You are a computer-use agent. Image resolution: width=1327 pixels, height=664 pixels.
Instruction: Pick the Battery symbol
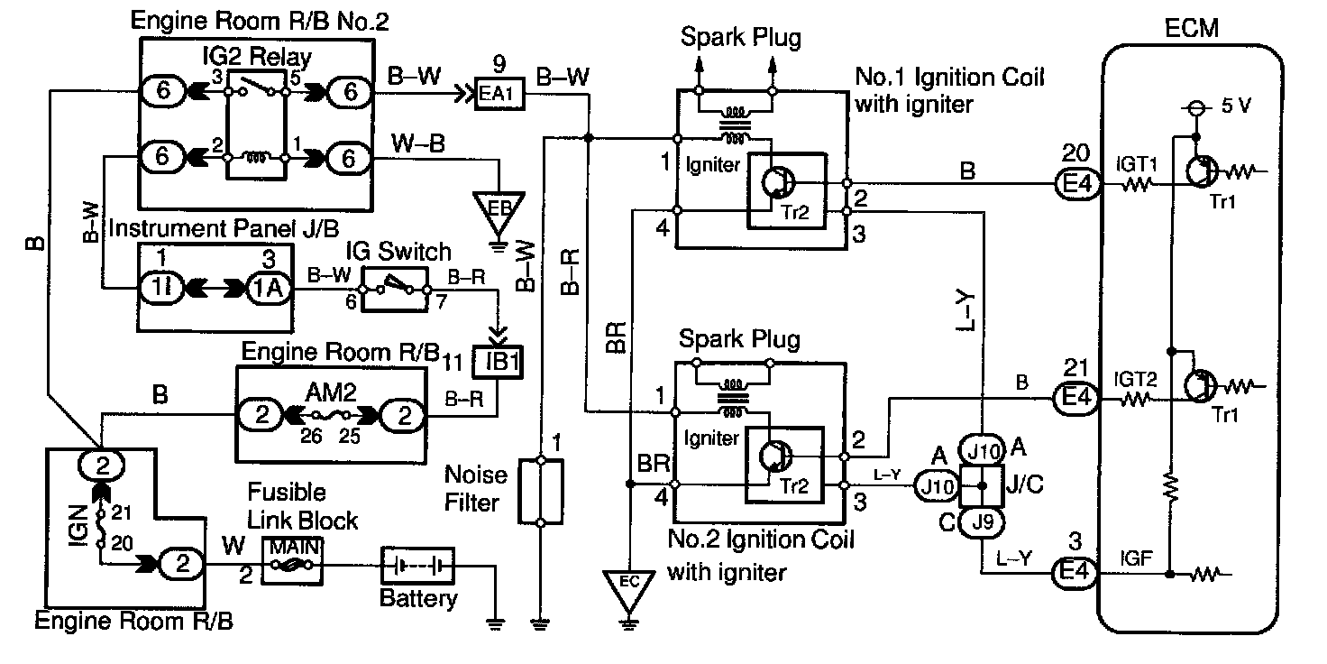[x=416, y=566]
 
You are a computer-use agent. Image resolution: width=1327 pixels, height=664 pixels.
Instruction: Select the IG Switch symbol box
[x=394, y=289]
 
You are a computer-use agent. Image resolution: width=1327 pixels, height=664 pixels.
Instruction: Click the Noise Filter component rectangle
[x=540, y=492]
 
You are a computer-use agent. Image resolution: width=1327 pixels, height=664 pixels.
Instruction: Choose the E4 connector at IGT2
[x=1075, y=397]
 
